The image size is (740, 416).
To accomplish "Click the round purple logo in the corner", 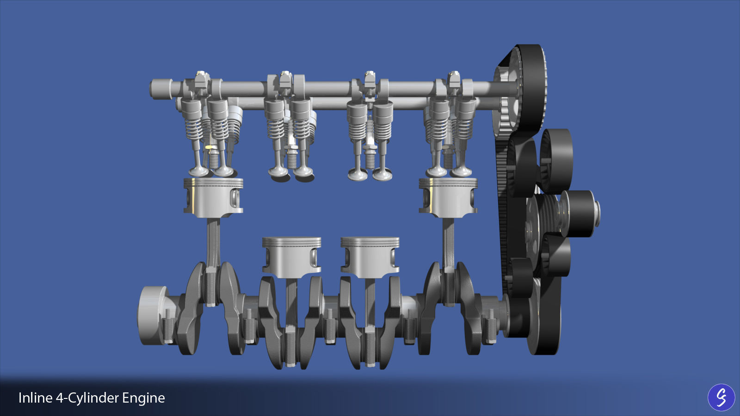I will pos(721,398).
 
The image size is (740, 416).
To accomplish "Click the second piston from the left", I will pos(291,257).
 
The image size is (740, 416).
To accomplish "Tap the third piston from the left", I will pos(370,257).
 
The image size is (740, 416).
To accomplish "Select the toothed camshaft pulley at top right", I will pos(520,92).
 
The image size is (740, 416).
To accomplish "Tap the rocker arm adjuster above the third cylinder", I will pos(369,81).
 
